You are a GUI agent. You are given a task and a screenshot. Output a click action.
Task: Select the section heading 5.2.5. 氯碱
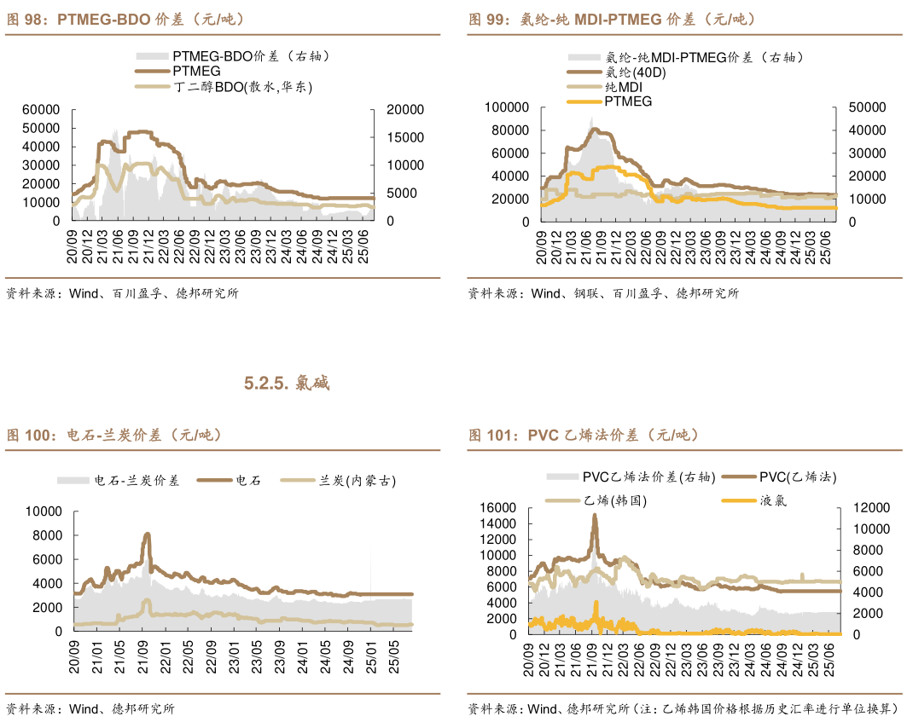287,384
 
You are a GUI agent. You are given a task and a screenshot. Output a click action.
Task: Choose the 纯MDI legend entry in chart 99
623,87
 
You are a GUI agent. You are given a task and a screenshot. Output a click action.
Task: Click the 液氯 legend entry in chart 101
773,500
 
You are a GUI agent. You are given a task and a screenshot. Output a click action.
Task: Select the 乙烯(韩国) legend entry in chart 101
615,500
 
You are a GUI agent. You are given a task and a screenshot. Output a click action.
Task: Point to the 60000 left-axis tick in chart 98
41,109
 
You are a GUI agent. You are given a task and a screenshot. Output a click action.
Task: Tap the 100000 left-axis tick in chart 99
506,107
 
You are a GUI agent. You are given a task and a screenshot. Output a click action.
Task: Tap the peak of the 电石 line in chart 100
147,534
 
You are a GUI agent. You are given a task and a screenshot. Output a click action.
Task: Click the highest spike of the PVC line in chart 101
594,515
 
